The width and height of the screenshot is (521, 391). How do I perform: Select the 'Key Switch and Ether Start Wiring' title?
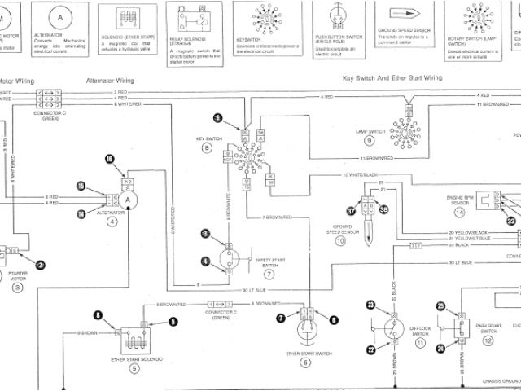click(392, 77)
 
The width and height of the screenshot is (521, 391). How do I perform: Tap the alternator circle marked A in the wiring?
click(128, 198)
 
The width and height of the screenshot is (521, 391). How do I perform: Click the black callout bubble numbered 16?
click(110, 159)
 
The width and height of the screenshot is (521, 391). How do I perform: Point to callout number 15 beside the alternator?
click(81, 186)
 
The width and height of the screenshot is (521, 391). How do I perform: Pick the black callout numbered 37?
click(351, 209)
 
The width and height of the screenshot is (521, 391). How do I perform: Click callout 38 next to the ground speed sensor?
click(384, 209)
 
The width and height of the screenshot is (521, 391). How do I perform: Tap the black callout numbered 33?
click(511, 221)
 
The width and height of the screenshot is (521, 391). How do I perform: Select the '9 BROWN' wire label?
click(88, 334)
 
